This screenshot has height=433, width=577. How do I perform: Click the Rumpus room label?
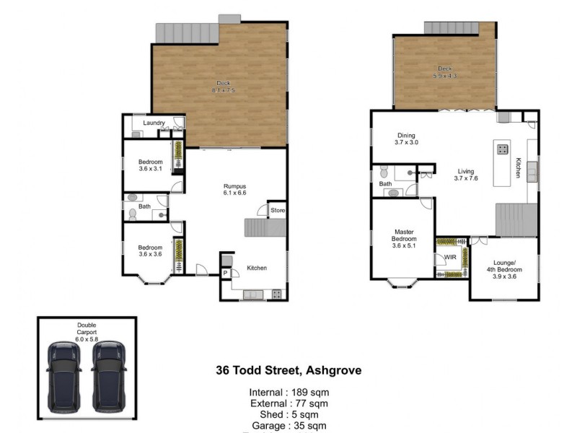coord(235,190)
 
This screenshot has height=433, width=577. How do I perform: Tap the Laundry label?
coord(154,123)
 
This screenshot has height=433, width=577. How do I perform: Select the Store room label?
coord(278,211)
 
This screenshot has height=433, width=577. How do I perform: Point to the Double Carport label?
coord(87,328)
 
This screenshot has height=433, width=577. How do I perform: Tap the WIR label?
coord(450,257)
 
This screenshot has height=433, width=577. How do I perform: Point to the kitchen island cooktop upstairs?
coord(501,150)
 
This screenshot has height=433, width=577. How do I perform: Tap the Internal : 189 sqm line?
coord(288,393)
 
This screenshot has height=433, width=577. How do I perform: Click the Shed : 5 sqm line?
coord(288,414)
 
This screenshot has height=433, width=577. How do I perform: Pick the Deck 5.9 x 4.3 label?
coord(444,72)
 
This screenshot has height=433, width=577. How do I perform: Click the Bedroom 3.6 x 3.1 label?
coord(150,165)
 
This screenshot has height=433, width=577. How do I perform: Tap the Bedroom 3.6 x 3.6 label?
coord(150,251)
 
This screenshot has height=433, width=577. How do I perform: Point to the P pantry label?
coord(226,273)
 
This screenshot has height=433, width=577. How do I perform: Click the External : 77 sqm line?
coord(288,403)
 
